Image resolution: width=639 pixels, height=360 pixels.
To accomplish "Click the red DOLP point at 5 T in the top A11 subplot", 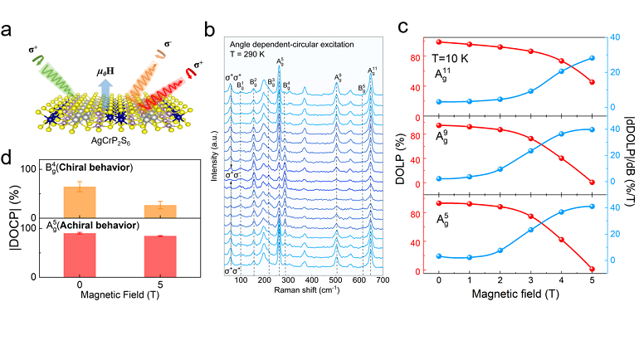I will (591, 82).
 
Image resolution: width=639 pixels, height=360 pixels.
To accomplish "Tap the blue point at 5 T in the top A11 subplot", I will (591, 58).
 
